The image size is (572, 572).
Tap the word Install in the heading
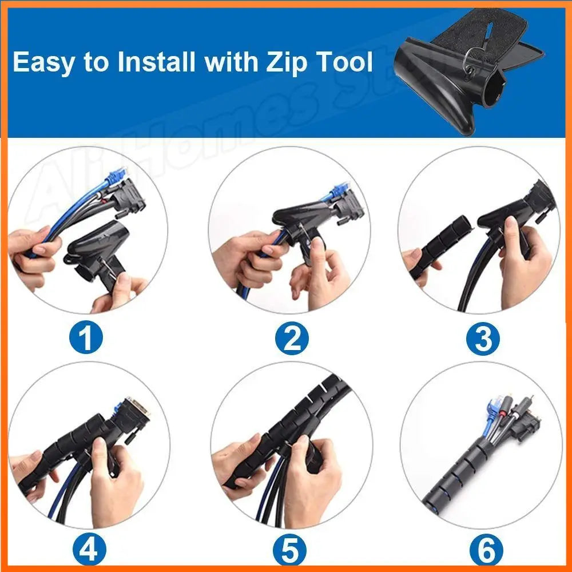pyautogui.click(x=156, y=61)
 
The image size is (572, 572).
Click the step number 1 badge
pyautogui.click(x=86, y=337)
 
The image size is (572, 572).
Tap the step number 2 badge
pyautogui.click(x=292, y=338)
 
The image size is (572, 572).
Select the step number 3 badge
pyautogui.click(x=483, y=338)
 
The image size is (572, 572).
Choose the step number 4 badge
pyautogui.click(x=89, y=549)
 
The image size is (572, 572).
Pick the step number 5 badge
pyautogui.click(x=289, y=549)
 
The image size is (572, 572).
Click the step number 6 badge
pyautogui.click(x=486, y=549)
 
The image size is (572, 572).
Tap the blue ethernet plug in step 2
pyautogui.click(x=339, y=190)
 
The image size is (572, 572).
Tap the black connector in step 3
pyautogui.click(x=540, y=200)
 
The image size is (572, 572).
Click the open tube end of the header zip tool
pyautogui.click(x=495, y=87)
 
